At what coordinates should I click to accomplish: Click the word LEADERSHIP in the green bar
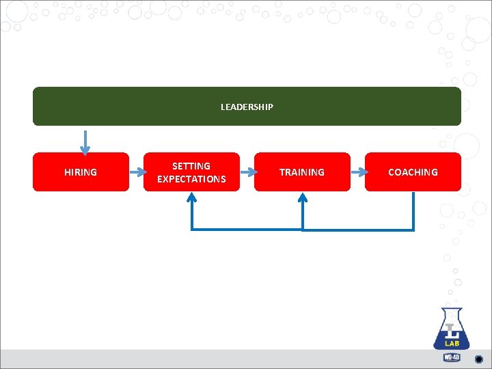coord(247,107)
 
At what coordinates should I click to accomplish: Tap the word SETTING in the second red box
coord(191,166)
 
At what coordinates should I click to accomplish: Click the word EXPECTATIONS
coord(191,179)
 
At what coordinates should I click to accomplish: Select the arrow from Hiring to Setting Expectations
coord(136,172)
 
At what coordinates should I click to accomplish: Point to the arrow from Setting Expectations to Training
coord(247,172)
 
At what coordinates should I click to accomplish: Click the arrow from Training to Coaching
coord(357,172)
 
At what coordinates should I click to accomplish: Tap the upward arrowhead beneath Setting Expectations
coord(191,197)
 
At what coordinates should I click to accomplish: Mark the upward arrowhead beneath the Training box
coord(303,197)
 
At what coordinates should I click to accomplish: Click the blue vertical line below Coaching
coord(413,210)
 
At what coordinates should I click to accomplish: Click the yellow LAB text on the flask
coord(452,344)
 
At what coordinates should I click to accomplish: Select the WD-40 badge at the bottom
coord(452,357)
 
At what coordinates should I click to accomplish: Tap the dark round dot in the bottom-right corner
coord(479,359)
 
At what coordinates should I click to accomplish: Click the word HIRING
coord(81,172)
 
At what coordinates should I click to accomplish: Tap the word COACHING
coord(413,172)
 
